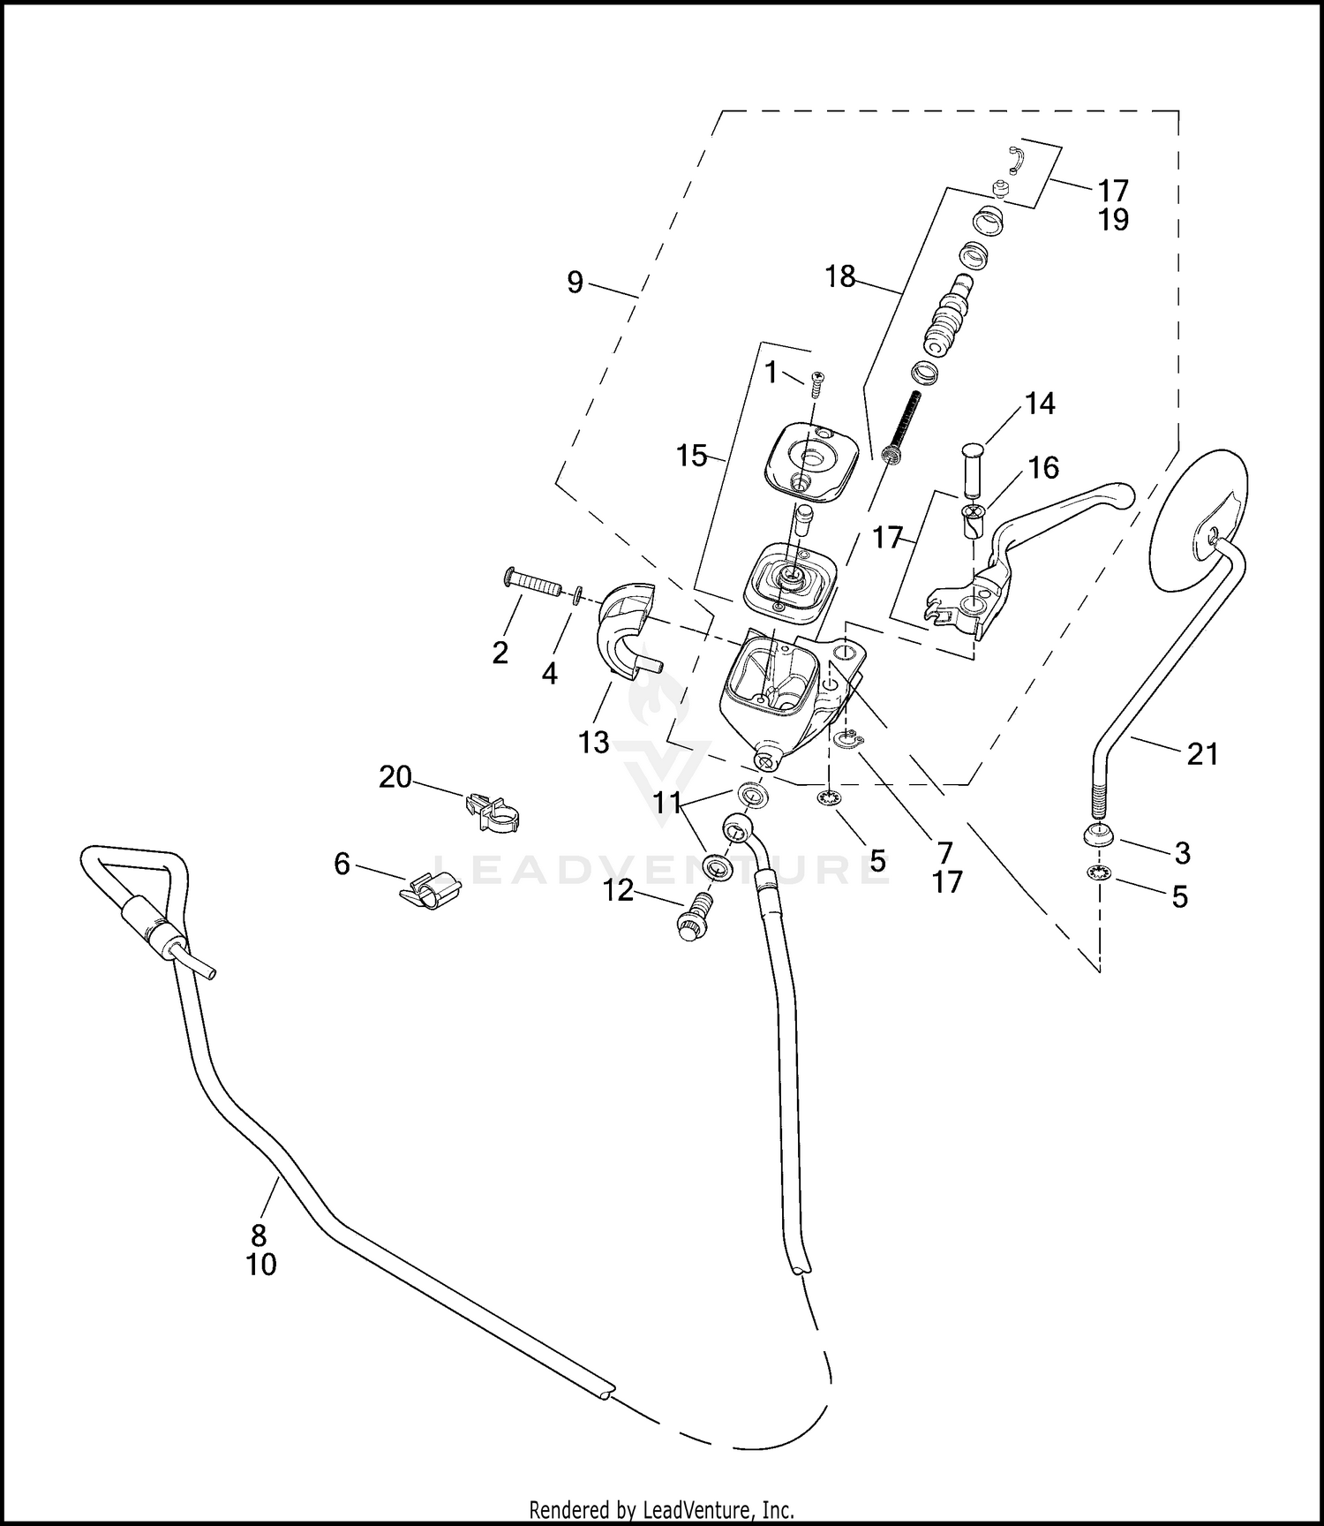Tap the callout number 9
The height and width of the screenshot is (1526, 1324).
pos(575,283)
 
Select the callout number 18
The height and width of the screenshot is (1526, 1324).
pos(839,277)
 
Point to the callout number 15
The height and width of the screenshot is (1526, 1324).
pos(692,457)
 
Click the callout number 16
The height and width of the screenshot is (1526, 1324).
pos(1043,467)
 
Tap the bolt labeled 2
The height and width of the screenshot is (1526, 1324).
pos(532,583)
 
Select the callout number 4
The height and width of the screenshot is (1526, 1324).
pos(549,674)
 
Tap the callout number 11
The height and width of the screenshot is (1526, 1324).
pos(667,803)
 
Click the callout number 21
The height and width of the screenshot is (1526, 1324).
pos(1202,753)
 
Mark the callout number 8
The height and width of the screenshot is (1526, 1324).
pos(259,1235)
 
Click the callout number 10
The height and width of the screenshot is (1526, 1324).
pos(261,1265)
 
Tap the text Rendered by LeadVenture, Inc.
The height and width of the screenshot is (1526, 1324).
pos(661,1507)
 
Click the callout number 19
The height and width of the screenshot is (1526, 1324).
pos(1114,219)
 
